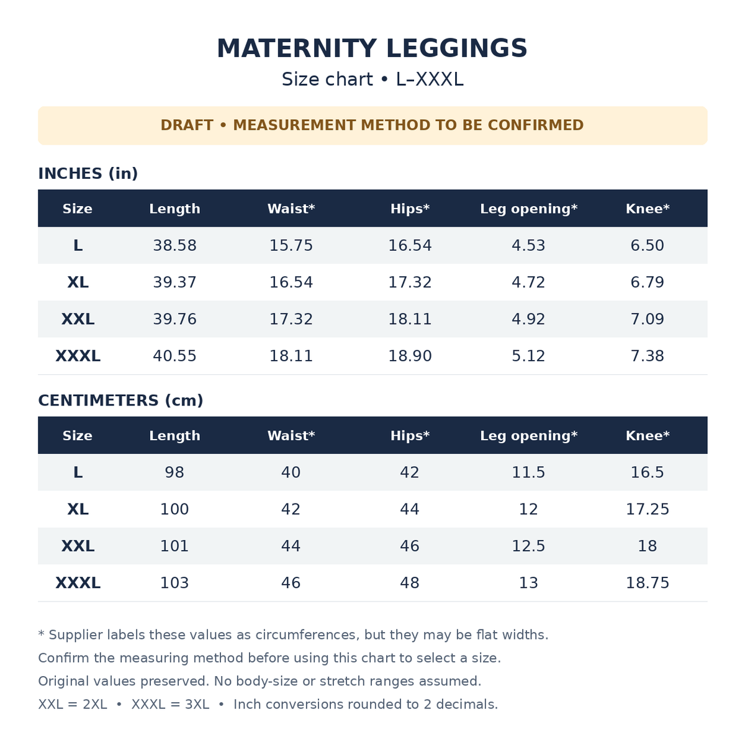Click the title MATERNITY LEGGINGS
(372, 48)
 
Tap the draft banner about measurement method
(372, 125)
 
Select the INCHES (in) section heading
(88, 174)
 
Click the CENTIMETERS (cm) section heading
(120, 400)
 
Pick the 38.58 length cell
(174, 245)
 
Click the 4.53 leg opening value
(528, 245)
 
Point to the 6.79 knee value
(647, 282)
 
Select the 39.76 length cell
(174, 319)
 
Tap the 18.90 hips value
(410, 356)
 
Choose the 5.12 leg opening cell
(528, 356)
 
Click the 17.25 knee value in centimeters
(647, 509)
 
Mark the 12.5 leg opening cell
(528, 546)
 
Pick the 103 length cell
(174, 582)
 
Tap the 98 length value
(174, 472)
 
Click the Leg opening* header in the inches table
(528, 209)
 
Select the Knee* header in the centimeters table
(647, 436)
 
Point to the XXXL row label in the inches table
(78, 356)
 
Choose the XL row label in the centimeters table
(78, 509)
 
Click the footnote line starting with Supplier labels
(293, 635)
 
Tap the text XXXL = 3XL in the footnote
(170, 705)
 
